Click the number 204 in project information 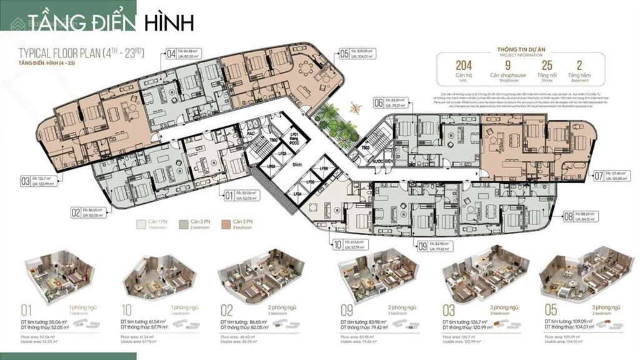point(463,65)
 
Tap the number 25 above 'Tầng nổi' point(547,65)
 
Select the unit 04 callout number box point(171,54)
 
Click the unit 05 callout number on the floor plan point(344,54)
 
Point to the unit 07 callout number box point(599,176)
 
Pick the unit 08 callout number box point(568,216)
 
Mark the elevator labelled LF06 point(323,169)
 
